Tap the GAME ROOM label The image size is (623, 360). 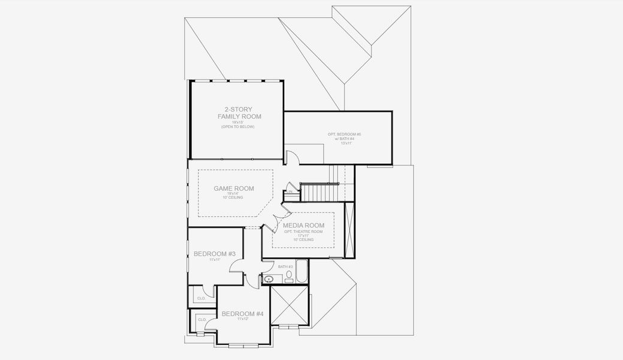pos(234,188)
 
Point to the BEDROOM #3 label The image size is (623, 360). pos(215,254)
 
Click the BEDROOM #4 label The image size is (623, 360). pos(242,314)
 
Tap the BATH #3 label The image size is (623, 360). pos(285,266)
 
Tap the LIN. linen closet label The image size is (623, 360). pos(290,192)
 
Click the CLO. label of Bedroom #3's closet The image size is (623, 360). pos(201,298)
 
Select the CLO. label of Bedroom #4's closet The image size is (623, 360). pos(202,320)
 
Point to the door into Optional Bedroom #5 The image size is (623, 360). pos(291,157)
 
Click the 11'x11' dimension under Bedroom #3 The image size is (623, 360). pos(215,260)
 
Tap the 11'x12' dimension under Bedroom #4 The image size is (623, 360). pos(242,319)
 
